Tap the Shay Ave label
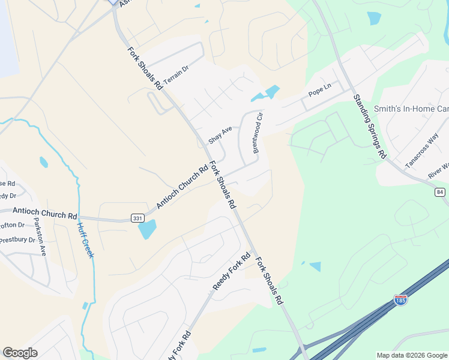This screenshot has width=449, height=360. [x=220, y=134]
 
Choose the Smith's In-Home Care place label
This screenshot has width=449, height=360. [x=411, y=109]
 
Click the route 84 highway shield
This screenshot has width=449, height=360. [x=441, y=192]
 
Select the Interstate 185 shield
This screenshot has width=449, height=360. [x=400, y=299]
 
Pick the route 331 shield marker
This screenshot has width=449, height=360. [x=138, y=218]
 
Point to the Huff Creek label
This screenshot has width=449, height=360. [x=86, y=241]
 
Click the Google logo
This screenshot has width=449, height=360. [x=20, y=352]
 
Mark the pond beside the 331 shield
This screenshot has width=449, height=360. [x=147, y=229]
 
